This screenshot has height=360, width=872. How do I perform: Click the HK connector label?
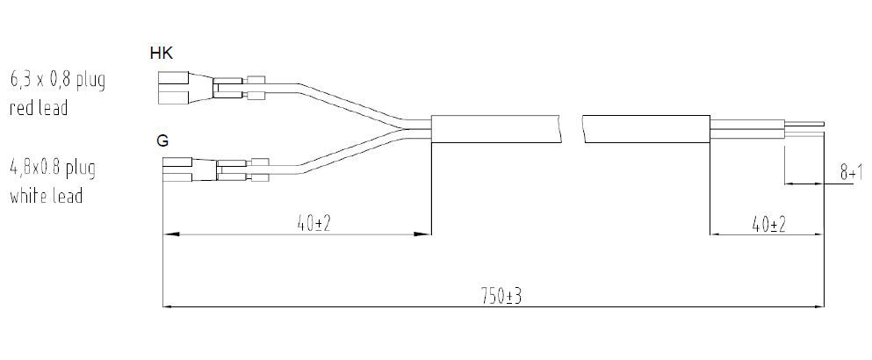162,54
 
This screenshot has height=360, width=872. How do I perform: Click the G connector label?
162,140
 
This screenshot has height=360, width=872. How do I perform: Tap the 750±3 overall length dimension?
502,296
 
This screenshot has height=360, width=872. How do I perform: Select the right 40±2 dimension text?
768,224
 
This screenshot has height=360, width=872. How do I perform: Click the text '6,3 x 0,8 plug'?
57,81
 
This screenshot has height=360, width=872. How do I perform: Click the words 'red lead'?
39,109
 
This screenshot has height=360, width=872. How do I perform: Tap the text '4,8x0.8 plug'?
53,167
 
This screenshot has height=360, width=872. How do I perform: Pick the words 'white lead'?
46,196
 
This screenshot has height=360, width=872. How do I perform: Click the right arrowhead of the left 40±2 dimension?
426,234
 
